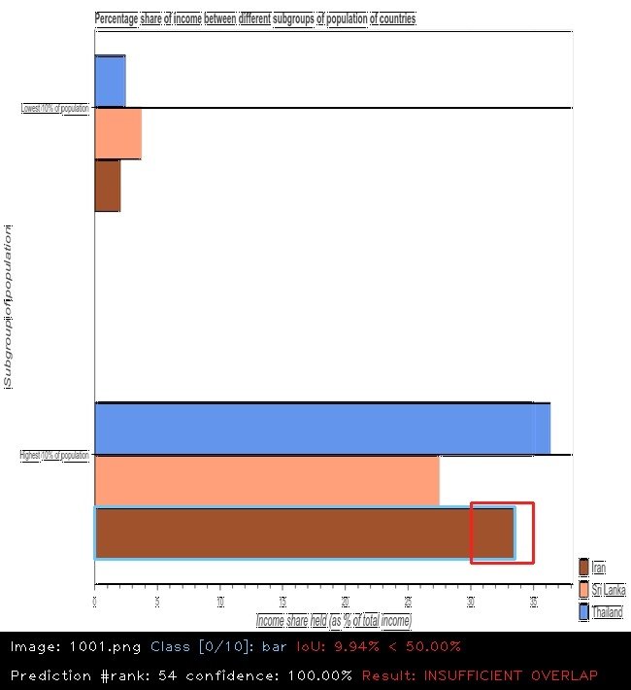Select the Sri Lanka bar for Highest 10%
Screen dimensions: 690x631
tap(266, 480)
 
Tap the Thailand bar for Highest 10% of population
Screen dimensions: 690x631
tap(321, 429)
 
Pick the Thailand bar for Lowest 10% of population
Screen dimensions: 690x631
tap(110, 81)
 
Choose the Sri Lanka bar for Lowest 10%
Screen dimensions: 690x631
tap(117, 133)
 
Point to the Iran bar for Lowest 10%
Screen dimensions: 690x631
tap(107, 185)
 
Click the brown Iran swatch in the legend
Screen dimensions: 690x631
tap(583, 568)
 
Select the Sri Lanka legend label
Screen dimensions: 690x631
tap(609, 590)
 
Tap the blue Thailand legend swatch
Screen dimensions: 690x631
tap(583, 612)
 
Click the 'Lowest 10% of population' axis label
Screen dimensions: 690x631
tap(54, 108)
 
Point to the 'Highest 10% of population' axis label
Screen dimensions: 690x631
tap(54, 455)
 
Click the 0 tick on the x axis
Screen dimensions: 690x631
tap(94, 603)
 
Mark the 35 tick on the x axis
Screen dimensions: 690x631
tap(533, 603)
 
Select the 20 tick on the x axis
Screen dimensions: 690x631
tap(345, 603)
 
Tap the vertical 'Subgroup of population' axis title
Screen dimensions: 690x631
tap(8, 306)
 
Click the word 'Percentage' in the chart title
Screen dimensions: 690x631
tap(116, 19)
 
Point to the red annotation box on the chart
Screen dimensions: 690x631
tap(502, 533)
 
